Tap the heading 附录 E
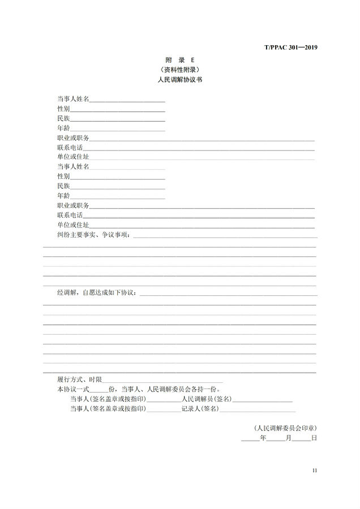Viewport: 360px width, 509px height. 179,60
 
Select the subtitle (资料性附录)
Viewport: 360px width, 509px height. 179,70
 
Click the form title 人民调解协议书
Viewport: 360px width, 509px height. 179,80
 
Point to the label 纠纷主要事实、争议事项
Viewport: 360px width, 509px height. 93,234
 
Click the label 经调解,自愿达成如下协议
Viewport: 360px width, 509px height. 97,292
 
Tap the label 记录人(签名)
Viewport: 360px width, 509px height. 200,409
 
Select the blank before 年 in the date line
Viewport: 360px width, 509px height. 250,439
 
